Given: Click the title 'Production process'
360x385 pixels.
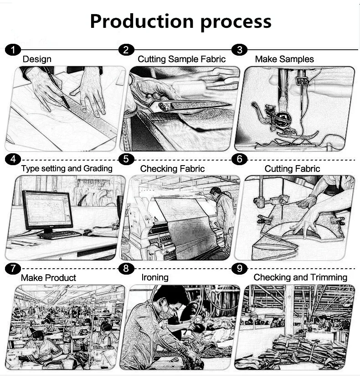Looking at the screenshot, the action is tap(180, 21).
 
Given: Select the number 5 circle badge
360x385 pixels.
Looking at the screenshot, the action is tap(126, 159).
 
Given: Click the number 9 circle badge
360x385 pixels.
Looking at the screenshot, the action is tap(239, 269).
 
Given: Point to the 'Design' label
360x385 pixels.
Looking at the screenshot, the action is tap(37, 59).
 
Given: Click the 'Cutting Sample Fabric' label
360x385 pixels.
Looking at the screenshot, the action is tap(181, 59).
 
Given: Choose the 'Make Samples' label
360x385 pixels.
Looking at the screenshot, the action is tap(284, 59).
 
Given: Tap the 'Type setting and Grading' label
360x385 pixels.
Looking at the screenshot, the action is tap(67, 169).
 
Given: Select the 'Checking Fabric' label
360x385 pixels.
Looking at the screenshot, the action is tap(172, 169).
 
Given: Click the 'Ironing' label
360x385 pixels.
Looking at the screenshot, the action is tap(155, 277).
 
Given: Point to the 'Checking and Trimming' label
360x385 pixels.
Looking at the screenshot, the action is tap(300, 277).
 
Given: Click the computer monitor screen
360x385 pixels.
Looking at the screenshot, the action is tap(47, 208).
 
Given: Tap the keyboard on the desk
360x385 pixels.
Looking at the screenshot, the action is tap(59, 234).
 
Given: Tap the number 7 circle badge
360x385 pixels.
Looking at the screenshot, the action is tap(13, 269).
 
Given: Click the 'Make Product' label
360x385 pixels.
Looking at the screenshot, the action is tap(48, 278).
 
